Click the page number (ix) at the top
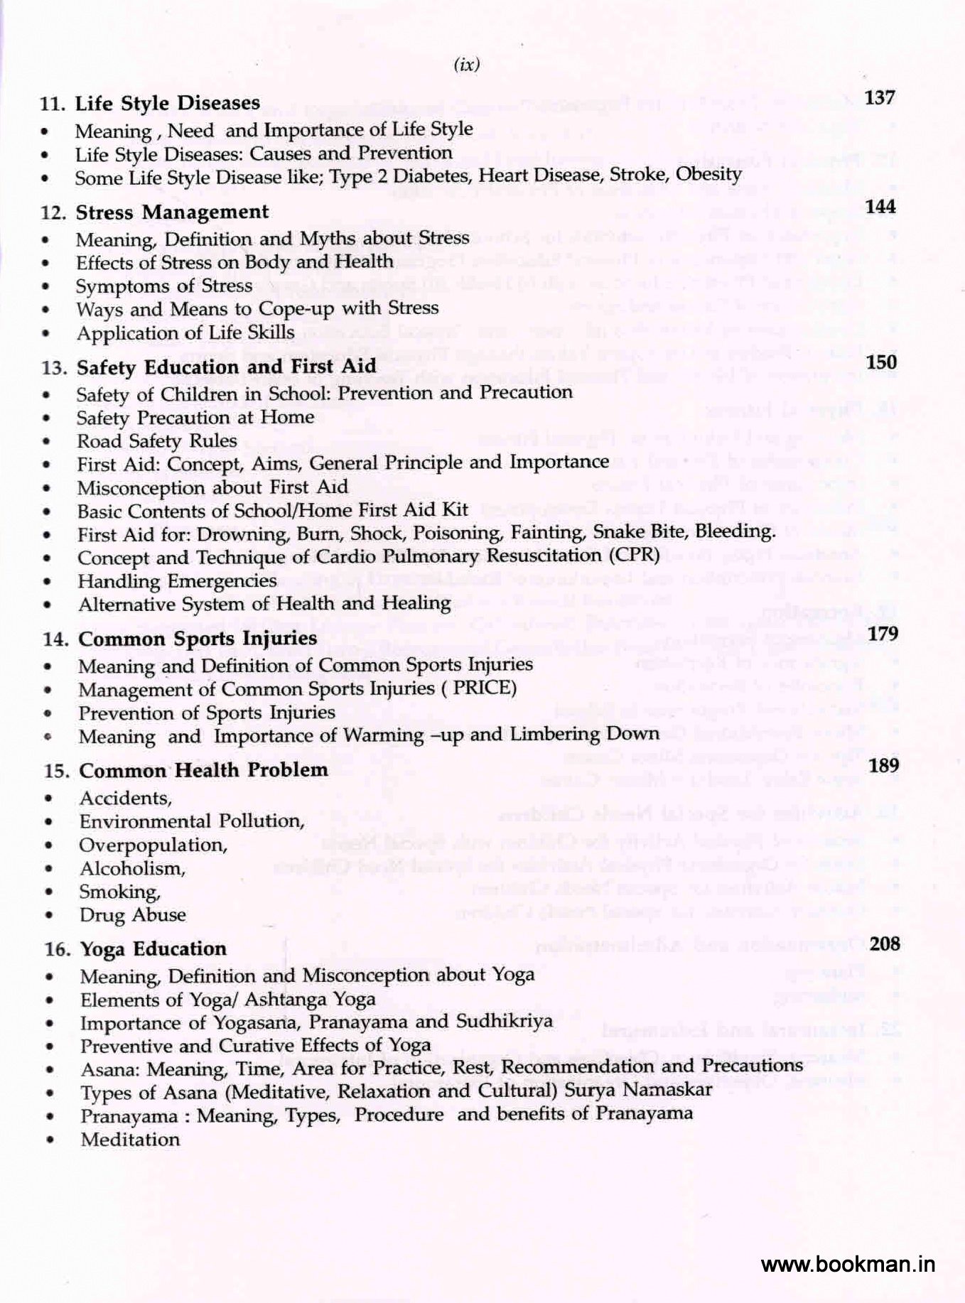(x=466, y=65)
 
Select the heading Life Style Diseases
(x=167, y=104)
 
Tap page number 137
(x=880, y=97)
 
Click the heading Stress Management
(x=172, y=212)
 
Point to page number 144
(x=881, y=207)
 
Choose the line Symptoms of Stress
(x=164, y=286)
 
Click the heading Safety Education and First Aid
(x=226, y=367)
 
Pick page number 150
(x=882, y=362)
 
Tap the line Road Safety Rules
(x=157, y=441)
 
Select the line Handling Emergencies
(x=177, y=581)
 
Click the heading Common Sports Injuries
(x=198, y=639)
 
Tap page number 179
(x=883, y=633)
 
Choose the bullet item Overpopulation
(x=153, y=845)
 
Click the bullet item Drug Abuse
(x=133, y=915)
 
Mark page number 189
(x=884, y=765)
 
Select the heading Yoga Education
(x=153, y=949)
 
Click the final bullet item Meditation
(x=130, y=1140)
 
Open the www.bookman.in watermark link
(x=848, y=1264)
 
